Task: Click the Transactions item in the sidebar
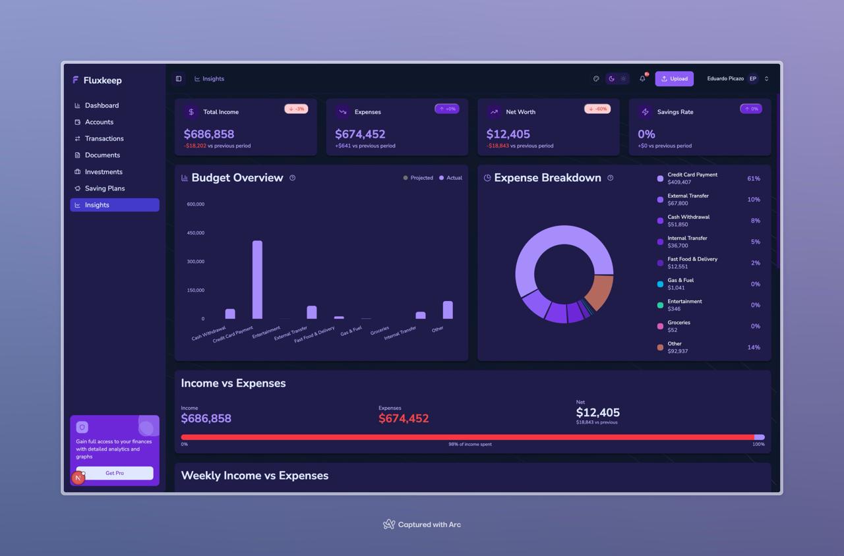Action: (x=104, y=138)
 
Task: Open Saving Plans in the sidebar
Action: (x=104, y=188)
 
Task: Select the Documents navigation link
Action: (x=102, y=155)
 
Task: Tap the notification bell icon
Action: (x=642, y=78)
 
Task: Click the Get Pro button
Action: (x=115, y=473)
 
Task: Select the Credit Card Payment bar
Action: (x=257, y=279)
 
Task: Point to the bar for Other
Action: (x=448, y=310)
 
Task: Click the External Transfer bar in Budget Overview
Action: (x=312, y=312)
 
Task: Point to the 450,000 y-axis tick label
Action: (x=196, y=233)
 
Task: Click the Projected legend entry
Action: (x=418, y=178)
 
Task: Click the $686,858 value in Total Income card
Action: (x=209, y=134)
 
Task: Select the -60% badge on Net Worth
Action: (x=597, y=109)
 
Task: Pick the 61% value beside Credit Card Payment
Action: (x=754, y=179)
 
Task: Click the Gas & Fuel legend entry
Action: (x=680, y=284)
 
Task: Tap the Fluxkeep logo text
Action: (x=102, y=80)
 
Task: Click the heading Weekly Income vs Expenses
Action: (x=255, y=476)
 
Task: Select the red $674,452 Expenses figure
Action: (x=404, y=418)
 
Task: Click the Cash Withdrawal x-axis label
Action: (x=209, y=333)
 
